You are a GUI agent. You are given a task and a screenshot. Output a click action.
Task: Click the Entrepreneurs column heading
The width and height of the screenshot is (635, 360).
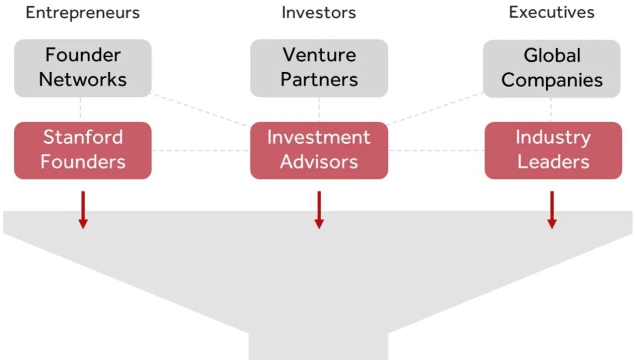point(83,12)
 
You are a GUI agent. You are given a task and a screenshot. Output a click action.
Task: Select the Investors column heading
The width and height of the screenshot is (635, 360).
point(319,12)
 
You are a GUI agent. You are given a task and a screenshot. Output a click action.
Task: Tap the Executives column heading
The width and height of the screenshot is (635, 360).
point(552,12)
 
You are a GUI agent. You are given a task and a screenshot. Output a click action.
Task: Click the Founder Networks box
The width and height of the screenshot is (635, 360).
point(83,68)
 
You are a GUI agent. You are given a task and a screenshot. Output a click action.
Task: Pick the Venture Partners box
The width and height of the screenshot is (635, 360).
point(319,68)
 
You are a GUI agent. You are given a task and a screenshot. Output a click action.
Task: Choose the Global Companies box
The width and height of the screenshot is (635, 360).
point(552,68)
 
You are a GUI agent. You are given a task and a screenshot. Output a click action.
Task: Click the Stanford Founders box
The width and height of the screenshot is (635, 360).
point(83,150)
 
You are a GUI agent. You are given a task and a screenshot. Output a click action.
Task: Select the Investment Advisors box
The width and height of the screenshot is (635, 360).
point(319,150)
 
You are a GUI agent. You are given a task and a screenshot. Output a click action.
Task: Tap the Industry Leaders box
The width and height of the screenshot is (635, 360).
point(553,150)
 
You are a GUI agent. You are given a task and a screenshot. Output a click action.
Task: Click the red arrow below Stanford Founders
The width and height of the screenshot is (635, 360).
point(83,209)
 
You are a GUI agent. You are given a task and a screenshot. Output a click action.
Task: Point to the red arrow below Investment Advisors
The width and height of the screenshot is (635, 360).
point(319,209)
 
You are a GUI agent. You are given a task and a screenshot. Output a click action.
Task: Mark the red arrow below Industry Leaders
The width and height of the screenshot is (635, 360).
point(552,209)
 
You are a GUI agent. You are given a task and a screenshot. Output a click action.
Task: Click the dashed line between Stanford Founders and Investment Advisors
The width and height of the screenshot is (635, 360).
point(201,150)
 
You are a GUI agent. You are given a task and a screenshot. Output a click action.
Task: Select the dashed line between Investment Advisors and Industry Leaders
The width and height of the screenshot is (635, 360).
point(436,150)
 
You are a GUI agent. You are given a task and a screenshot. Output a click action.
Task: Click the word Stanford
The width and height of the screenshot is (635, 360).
point(83,137)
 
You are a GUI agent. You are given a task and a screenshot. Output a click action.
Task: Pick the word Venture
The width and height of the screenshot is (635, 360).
point(319,55)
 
